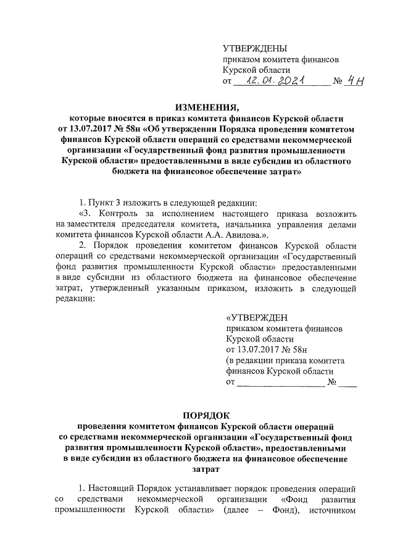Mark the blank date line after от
point(281,384)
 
